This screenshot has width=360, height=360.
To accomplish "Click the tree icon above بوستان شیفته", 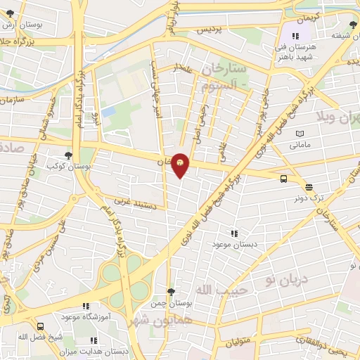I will point(352,25).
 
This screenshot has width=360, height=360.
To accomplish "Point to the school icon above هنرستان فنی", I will point(296,35).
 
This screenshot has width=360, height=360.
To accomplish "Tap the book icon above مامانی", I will point(301,134).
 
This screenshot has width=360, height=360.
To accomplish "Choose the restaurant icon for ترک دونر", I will point(309,186).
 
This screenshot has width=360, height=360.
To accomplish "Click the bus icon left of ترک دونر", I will point(283,179).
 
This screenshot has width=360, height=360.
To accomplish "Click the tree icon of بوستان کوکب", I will point(68,155).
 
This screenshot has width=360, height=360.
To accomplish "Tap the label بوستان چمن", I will point(171,304).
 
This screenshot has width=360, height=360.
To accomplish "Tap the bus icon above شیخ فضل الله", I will point(40,326).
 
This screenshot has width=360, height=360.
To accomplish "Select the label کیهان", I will point(307,15).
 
